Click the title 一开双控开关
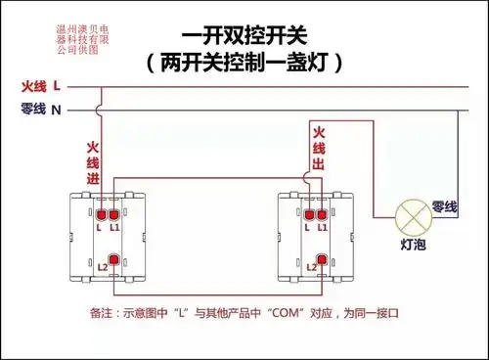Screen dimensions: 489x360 pyautogui.click(x=244, y=36)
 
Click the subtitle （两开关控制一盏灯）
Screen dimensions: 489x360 pyautogui.click(x=244, y=64)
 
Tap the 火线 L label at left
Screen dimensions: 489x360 pyautogui.click(x=41, y=87)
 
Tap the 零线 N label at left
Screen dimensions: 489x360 pyautogui.click(x=41, y=110)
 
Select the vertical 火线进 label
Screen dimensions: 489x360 pyautogui.click(x=93, y=162)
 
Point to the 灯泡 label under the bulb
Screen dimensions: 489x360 pyautogui.click(x=413, y=245)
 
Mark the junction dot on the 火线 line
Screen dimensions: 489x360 pyautogui.click(x=101, y=88)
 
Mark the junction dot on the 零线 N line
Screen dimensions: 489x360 pyautogui.click(x=459, y=110)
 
